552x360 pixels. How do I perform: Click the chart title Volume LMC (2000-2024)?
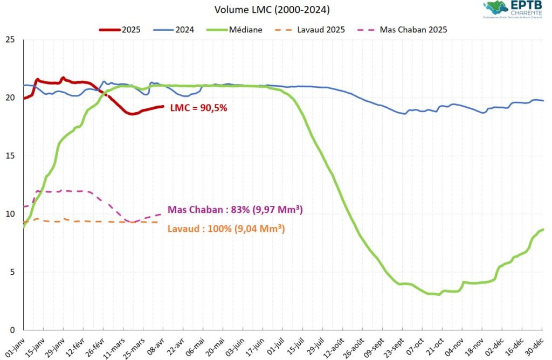[272, 10]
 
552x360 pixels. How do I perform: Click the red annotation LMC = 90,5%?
[198, 108]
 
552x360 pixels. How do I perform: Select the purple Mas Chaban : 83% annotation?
[234, 210]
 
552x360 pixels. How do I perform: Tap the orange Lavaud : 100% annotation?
[226, 229]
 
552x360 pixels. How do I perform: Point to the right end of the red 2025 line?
[163, 106]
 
